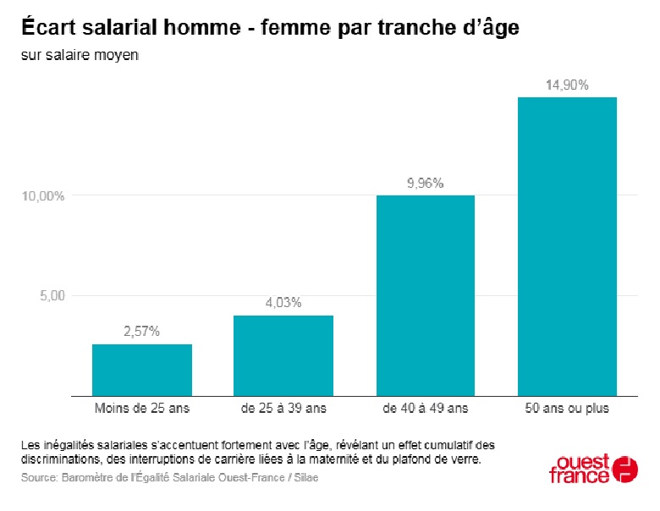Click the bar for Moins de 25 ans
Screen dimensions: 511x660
pyautogui.click(x=142, y=370)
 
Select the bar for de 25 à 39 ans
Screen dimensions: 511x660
pyautogui.click(x=283, y=355)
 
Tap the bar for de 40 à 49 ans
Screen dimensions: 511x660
pyautogui.click(x=425, y=295)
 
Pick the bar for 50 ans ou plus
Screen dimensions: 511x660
pyautogui.click(x=567, y=246)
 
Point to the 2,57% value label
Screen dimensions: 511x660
pyautogui.click(x=142, y=332)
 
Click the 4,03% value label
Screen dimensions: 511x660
pyautogui.click(x=283, y=303)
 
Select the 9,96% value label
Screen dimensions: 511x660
pyautogui.click(x=425, y=183)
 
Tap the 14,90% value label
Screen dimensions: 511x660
pyautogui.click(x=567, y=85)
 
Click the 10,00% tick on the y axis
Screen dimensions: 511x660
pyautogui.click(x=43, y=196)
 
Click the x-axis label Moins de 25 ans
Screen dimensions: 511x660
pyautogui.click(x=142, y=409)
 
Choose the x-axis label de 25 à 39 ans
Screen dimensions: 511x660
pyautogui.click(x=283, y=409)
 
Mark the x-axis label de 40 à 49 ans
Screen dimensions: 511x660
pyautogui.click(x=425, y=409)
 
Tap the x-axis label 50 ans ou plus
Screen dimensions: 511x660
pyautogui.click(x=567, y=409)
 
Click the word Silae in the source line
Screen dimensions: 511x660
pyautogui.click(x=304, y=478)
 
